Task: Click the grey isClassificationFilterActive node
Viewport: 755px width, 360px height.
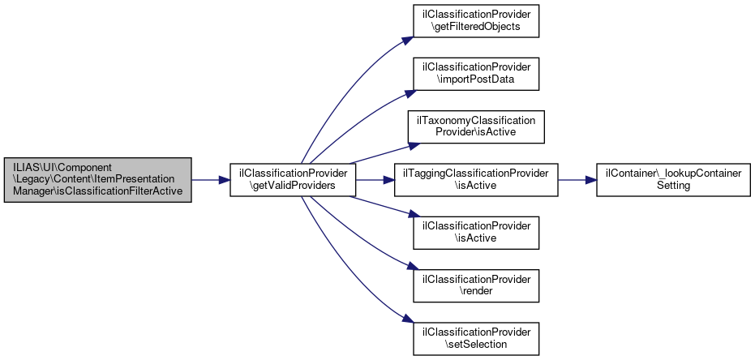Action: tap(98, 180)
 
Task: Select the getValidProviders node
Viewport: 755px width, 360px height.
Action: tap(293, 180)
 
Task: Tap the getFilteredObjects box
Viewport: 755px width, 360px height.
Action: tap(476, 21)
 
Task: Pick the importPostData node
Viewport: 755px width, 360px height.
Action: tap(476, 74)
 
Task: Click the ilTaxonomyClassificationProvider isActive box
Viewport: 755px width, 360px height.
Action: tap(476, 126)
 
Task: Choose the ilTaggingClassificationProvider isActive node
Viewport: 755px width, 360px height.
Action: tap(476, 180)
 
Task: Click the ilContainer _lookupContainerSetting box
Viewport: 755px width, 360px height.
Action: tap(673, 180)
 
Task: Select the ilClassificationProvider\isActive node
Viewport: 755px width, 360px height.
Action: tap(476, 233)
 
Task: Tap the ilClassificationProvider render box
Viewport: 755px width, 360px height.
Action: tap(476, 286)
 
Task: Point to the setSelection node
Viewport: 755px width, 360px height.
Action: tap(476, 339)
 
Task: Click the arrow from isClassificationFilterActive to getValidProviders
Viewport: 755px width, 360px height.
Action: tap(211, 180)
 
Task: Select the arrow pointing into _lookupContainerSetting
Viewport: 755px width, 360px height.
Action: tap(577, 180)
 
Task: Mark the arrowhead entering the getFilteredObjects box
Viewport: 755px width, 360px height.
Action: tap(409, 40)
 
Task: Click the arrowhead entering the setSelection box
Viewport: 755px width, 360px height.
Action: tap(409, 320)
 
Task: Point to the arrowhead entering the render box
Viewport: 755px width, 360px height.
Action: tap(409, 267)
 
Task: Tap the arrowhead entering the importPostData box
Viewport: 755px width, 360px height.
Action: tap(409, 93)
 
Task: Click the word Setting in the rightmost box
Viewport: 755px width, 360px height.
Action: tap(673, 186)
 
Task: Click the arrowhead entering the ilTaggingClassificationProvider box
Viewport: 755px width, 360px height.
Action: tap(389, 180)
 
